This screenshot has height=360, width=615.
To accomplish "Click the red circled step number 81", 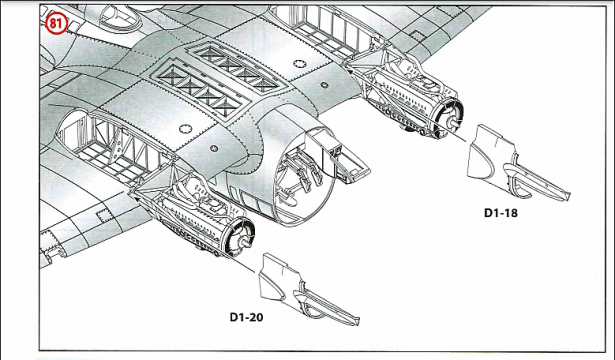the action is click(x=56, y=24).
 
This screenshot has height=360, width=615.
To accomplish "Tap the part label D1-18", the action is click(x=500, y=213).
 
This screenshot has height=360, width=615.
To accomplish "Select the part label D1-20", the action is click(x=246, y=317).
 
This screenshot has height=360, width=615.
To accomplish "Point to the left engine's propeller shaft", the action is click(x=245, y=242).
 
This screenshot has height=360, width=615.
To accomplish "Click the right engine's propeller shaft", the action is click(x=454, y=122).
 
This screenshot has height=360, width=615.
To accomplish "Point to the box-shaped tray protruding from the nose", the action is click(x=341, y=157).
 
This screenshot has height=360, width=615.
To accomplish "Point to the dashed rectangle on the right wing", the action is click(x=417, y=36).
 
